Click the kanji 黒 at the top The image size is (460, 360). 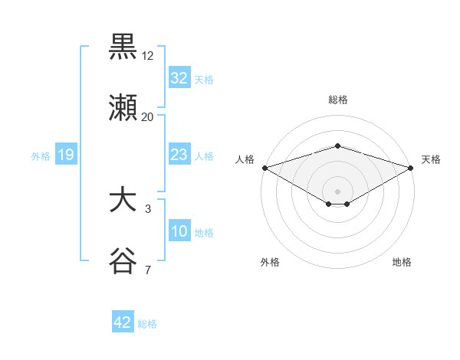point(123,47)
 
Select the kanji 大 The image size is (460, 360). point(123,201)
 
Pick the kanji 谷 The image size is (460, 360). point(123,261)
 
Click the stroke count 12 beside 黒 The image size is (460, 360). point(148,56)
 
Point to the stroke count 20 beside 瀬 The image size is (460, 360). point(148,117)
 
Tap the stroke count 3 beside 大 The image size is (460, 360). point(148,208)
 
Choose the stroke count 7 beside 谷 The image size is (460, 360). point(148,270)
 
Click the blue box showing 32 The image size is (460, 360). point(179,78)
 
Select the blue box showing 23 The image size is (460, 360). point(179,155)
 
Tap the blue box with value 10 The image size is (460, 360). point(179,231)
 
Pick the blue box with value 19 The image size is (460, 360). point(66,155)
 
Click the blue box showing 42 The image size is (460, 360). point(123,322)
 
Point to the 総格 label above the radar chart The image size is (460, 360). point(337,100)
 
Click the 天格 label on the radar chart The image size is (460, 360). point(431,159)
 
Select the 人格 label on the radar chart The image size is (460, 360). point(245,159)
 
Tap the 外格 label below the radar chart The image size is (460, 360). point(270,262)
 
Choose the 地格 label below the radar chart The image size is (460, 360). point(402,262)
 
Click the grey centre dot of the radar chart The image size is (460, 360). point(337,191)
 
